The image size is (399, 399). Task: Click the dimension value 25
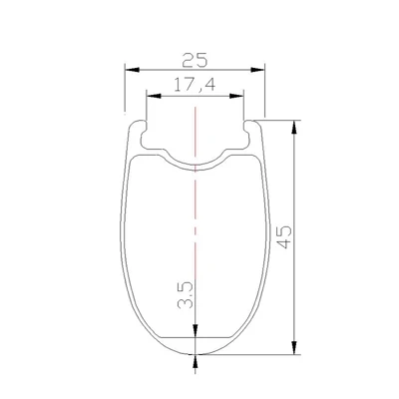[x=195, y=60]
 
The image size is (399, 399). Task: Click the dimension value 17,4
[x=195, y=85]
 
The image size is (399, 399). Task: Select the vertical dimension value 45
[x=284, y=237]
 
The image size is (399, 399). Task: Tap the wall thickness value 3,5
[x=186, y=295]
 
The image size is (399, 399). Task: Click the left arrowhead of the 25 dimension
[x=132, y=70]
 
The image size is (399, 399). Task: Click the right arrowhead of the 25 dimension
[x=257, y=70]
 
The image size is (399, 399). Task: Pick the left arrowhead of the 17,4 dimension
[x=154, y=96]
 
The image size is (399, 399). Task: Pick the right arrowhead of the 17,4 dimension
[x=236, y=96]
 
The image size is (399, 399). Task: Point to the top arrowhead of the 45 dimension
[x=294, y=127]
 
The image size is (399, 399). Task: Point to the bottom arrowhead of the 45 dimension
[x=294, y=347]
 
